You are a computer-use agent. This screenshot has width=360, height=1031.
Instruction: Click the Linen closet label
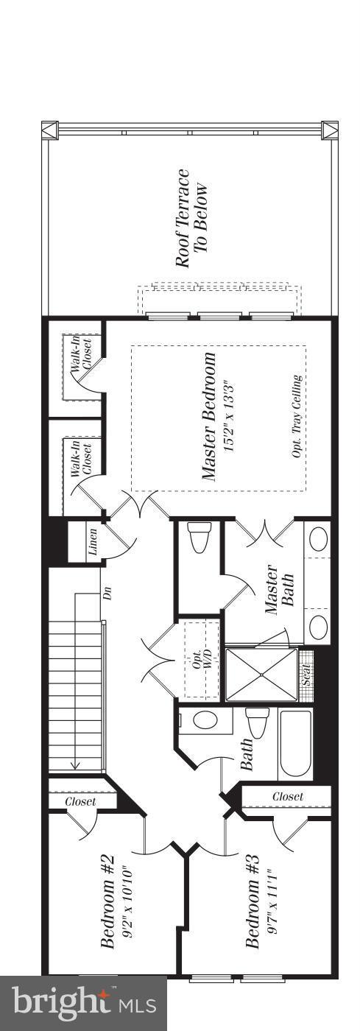click(x=92, y=542)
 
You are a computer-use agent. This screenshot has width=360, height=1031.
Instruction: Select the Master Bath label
click(x=279, y=590)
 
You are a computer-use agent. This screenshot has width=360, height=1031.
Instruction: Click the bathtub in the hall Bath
click(x=295, y=744)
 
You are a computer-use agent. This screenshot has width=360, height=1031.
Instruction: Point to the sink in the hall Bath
click(x=204, y=719)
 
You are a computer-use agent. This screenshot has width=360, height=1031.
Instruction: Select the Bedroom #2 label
click(x=107, y=901)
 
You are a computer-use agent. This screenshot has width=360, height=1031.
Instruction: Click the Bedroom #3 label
click(x=253, y=901)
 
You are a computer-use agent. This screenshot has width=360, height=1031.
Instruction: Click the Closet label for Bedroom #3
click(x=287, y=796)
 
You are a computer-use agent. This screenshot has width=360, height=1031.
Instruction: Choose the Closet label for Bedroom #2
click(x=80, y=801)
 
